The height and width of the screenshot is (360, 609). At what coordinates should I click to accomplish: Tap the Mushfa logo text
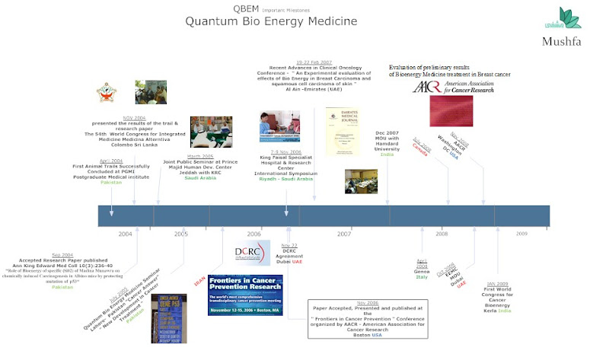(x=563, y=41)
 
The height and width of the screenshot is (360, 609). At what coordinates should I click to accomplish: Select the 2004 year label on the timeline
(x=125, y=234)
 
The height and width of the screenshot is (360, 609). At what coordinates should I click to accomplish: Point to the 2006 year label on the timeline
(x=254, y=234)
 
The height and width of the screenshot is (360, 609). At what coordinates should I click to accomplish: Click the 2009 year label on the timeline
(x=521, y=234)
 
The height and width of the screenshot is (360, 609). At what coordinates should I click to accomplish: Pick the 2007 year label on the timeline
(x=344, y=234)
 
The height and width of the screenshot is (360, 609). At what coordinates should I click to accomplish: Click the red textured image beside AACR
(x=450, y=110)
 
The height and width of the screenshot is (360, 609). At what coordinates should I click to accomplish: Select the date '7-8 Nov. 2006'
(x=286, y=151)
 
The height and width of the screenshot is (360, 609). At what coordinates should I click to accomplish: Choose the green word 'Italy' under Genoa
(x=421, y=277)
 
